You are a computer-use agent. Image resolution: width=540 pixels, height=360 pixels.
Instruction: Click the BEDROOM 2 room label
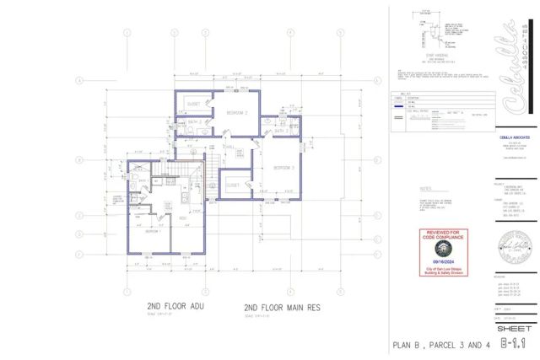coord(235,112)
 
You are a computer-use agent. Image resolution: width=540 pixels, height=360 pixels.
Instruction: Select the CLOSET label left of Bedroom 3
coord(234,184)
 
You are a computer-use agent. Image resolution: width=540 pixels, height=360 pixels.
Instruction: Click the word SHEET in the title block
coord(513,325)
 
